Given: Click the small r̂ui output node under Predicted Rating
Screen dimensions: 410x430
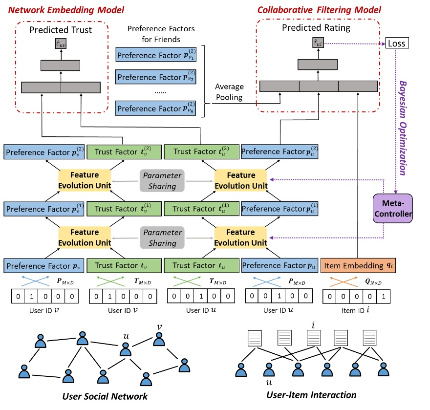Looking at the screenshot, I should tap(319, 44).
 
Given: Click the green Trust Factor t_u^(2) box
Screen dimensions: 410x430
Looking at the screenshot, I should tap(201, 151).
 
